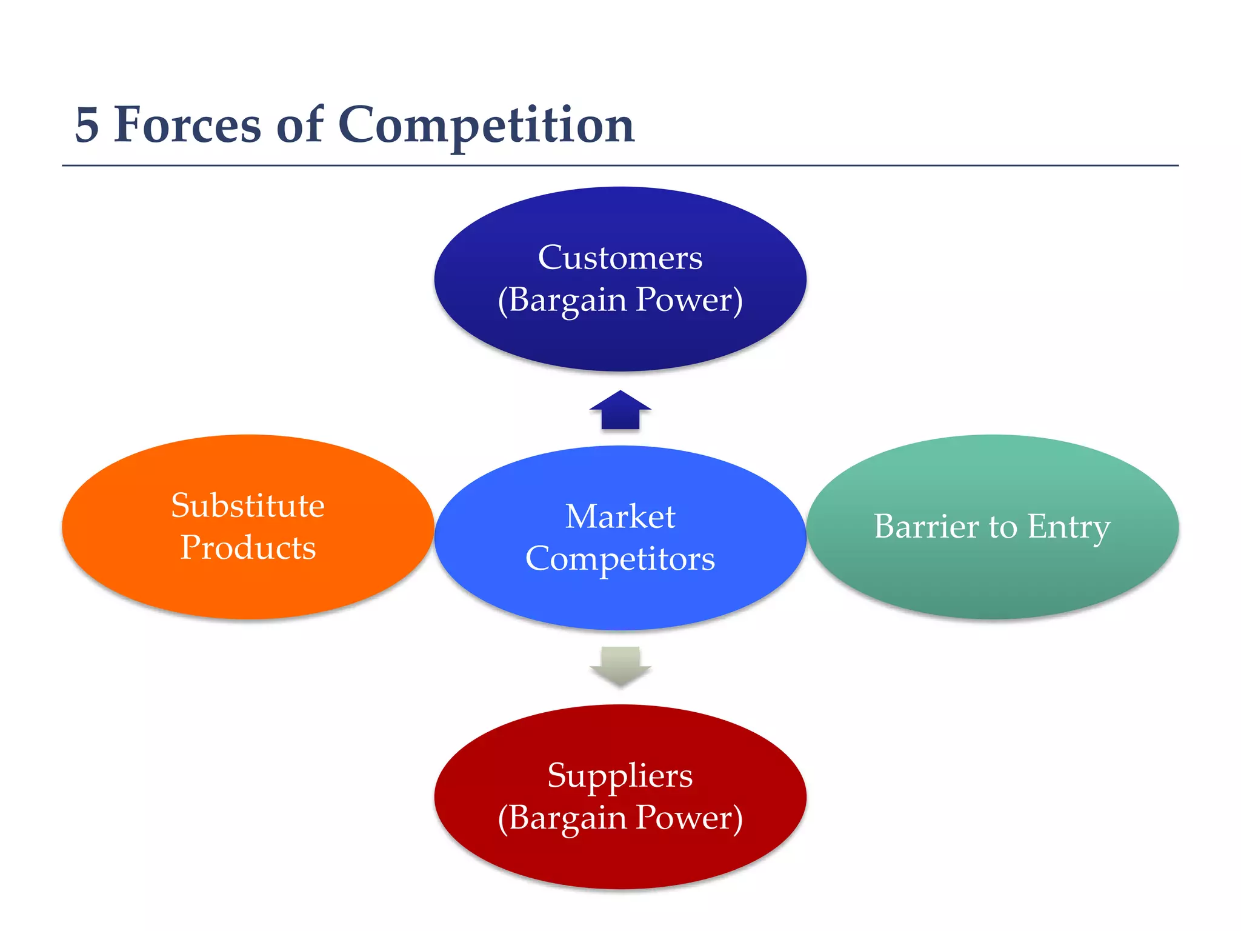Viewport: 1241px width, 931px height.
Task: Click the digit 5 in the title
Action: click(x=87, y=125)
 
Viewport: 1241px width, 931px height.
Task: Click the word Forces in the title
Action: click(x=188, y=125)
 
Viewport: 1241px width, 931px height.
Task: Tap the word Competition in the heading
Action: click(x=486, y=125)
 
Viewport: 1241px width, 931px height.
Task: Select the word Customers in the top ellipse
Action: click(x=620, y=258)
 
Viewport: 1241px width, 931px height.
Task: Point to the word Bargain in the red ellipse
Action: click(x=567, y=818)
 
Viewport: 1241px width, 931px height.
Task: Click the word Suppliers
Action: click(x=620, y=775)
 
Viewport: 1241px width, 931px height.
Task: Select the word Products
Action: click(x=248, y=547)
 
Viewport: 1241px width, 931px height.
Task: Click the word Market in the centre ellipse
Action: click(x=620, y=516)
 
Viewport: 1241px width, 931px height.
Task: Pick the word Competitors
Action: click(x=620, y=558)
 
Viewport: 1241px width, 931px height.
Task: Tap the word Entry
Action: click(x=1069, y=527)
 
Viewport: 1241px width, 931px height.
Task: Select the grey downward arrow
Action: click(x=620, y=666)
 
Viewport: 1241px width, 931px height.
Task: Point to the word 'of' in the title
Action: click(x=299, y=125)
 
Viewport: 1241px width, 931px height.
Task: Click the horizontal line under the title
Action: click(x=620, y=165)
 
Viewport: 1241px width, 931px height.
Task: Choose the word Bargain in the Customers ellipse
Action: click(x=567, y=299)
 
